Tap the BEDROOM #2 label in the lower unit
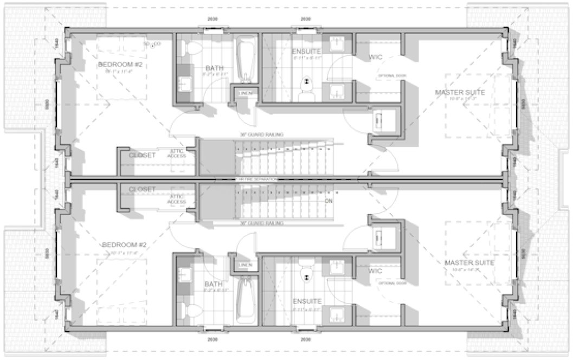tap(125, 245)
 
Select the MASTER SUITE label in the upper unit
tap(460, 92)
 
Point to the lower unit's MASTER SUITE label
tap(469, 262)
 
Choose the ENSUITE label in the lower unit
tap(307, 301)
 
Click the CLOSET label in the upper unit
tap(142, 155)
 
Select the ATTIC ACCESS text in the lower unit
tap(177, 199)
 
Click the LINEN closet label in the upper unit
tap(245, 94)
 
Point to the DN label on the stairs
tap(328, 201)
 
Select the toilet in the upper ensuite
tap(307, 87)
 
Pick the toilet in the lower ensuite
tap(307, 271)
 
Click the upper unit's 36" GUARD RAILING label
tap(262, 134)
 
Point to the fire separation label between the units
tap(255, 179)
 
